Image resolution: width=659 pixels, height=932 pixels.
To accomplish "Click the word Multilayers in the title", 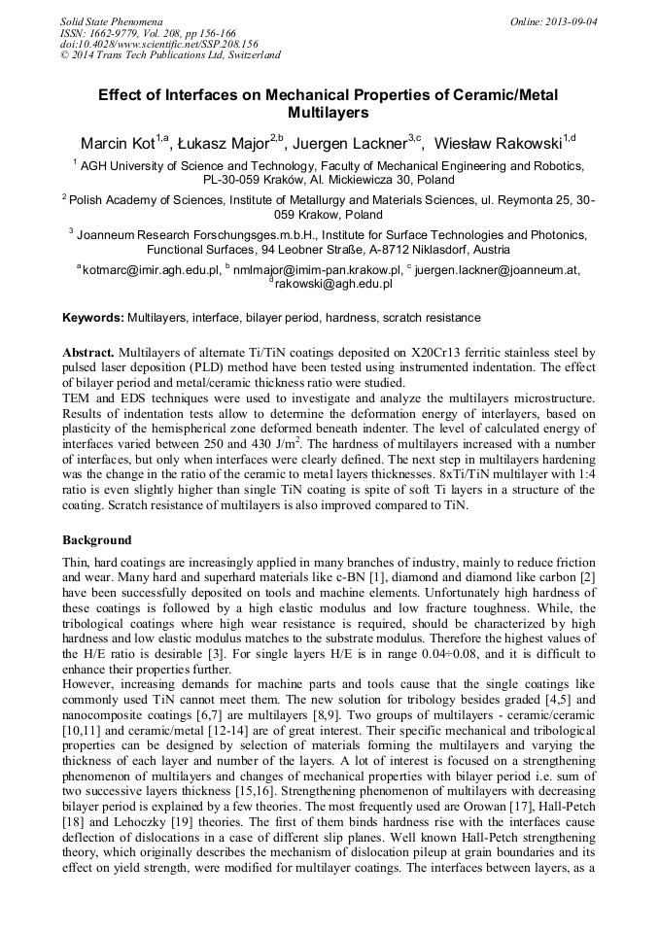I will [329, 113].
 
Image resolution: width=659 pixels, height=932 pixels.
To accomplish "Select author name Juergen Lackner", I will [356, 144].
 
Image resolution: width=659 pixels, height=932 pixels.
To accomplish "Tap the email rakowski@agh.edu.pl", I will [332, 284].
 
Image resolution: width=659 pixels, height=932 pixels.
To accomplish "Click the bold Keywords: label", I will [93, 318].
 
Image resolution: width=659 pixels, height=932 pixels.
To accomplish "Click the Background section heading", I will [97, 539].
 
